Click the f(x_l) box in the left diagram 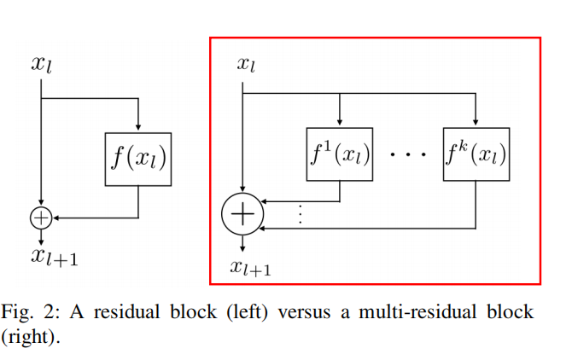click(x=138, y=160)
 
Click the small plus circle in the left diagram click(x=41, y=218)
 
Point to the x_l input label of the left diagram click(x=43, y=64)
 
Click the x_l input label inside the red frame click(x=245, y=64)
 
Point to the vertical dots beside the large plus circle click(x=300, y=214)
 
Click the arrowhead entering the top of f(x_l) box click(x=138, y=127)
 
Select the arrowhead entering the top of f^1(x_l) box click(x=340, y=123)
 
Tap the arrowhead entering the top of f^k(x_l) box click(x=476, y=123)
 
